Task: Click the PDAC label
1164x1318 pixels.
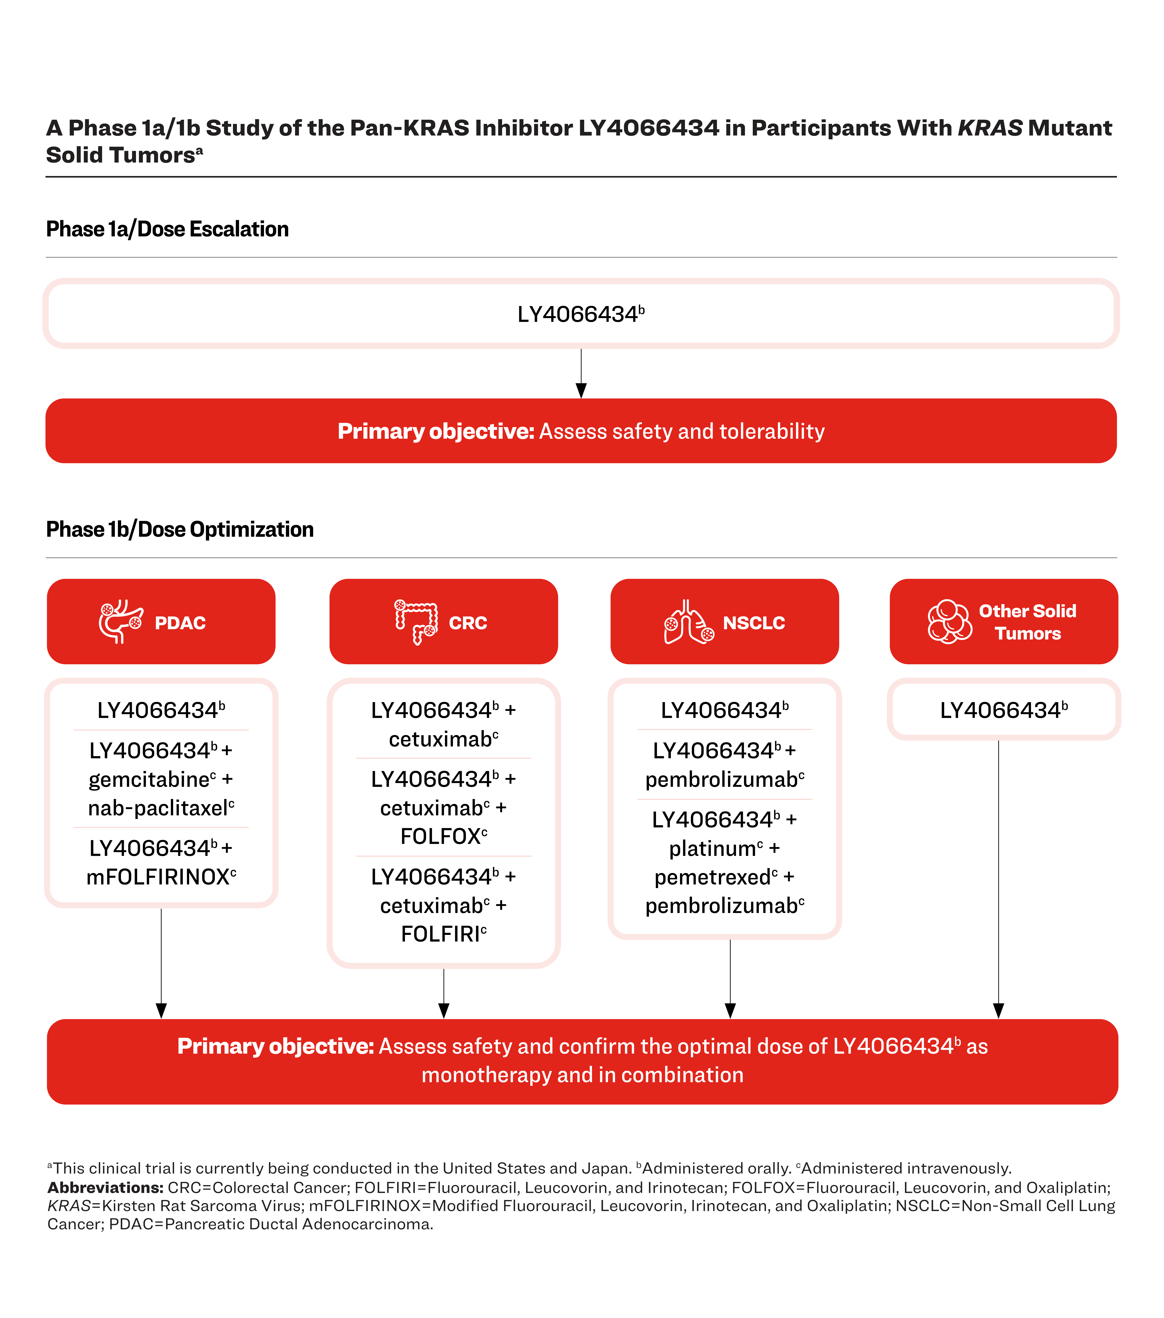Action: point(180,623)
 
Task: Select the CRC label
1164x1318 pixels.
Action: point(468,623)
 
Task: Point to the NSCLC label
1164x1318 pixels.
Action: point(754,623)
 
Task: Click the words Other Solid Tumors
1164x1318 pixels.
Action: point(1027,622)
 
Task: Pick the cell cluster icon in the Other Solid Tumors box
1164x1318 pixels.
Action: point(949,622)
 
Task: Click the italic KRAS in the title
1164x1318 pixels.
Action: point(990,128)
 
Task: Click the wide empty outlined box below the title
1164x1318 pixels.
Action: point(581,313)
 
